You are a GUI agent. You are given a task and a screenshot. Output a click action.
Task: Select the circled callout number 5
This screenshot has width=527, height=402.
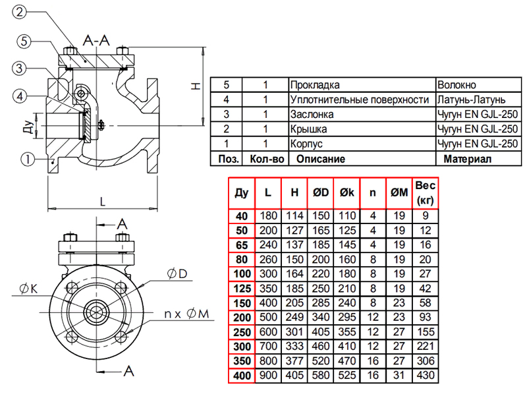coord(23,42)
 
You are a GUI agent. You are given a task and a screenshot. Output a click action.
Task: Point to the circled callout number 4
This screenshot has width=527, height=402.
coord(21,96)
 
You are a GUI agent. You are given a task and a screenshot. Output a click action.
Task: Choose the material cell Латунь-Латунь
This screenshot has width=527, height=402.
coord(471,100)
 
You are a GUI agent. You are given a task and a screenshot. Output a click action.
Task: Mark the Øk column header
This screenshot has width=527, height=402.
coord(347,192)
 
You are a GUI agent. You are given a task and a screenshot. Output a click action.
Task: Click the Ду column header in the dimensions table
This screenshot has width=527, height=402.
coord(241,192)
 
